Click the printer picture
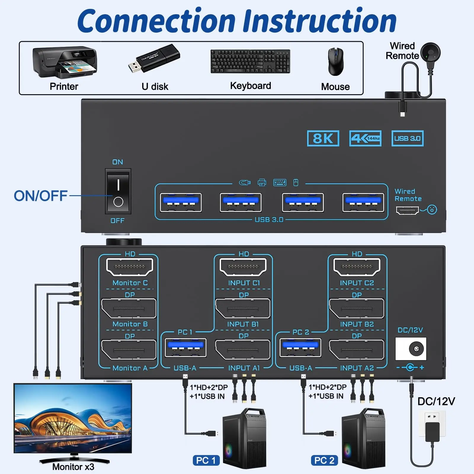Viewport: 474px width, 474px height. (x=65, y=63)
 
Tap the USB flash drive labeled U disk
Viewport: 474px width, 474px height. (x=154, y=59)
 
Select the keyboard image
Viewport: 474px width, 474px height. (x=250, y=61)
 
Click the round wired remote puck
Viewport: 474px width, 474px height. (x=430, y=53)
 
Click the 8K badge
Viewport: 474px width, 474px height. (x=323, y=138)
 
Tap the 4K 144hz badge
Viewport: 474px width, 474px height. (x=365, y=138)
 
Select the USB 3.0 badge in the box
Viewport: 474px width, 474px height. (x=407, y=138)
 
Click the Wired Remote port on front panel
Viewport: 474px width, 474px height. (x=407, y=211)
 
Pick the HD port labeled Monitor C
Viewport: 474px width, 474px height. (x=129, y=267)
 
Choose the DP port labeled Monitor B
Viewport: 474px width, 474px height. (x=129, y=308)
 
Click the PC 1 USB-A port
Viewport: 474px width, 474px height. (x=185, y=348)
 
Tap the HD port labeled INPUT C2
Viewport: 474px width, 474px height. (x=357, y=267)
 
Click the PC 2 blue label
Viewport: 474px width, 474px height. (x=324, y=460)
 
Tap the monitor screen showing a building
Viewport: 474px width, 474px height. (x=73, y=418)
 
